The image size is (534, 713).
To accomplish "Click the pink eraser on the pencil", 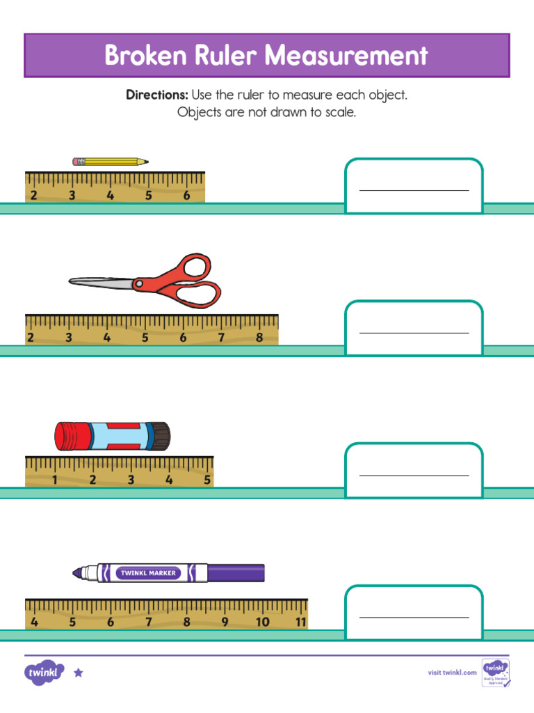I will point(76,162).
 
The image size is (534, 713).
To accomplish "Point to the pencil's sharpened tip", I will point(145,162).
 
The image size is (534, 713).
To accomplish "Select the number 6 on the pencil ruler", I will point(186,196).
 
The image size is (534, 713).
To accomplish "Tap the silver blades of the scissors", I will point(101,281).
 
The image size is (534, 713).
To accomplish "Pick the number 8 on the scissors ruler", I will point(259,338).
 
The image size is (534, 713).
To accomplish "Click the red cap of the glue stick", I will point(69,436).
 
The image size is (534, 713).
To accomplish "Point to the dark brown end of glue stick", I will point(161,436).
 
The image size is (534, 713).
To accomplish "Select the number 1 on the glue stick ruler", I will point(54,480).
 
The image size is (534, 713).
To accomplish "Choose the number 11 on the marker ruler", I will point(300,622).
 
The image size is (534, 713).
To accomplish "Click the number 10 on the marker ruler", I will point(262,622).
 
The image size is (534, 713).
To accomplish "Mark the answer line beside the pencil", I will point(414,189).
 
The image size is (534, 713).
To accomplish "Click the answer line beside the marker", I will point(414,617).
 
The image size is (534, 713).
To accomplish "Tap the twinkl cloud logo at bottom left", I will point(44,673).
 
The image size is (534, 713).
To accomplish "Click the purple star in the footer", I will point(79,673).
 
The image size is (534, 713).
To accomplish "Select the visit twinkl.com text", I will point(452,672).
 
